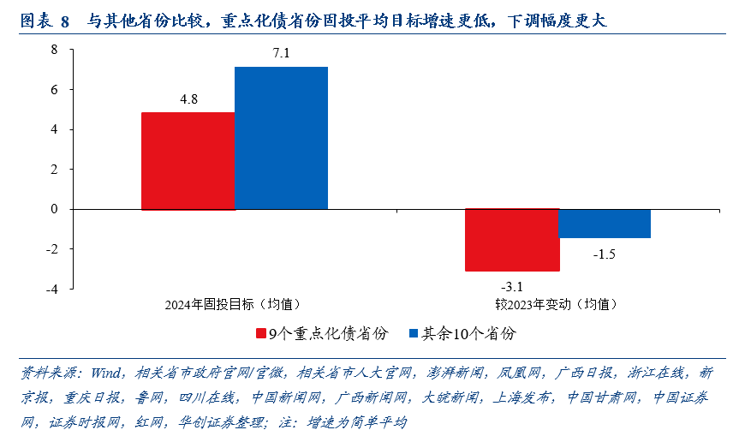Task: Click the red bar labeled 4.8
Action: pos(188,161)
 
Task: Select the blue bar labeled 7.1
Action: pos(281,138)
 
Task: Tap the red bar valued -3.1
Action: pos(512,240)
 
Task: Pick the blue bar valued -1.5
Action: pos(605,224)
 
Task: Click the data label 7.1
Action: pos(281,54)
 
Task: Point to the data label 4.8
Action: pos(188,99)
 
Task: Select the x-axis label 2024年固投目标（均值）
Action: pos(233,304)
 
